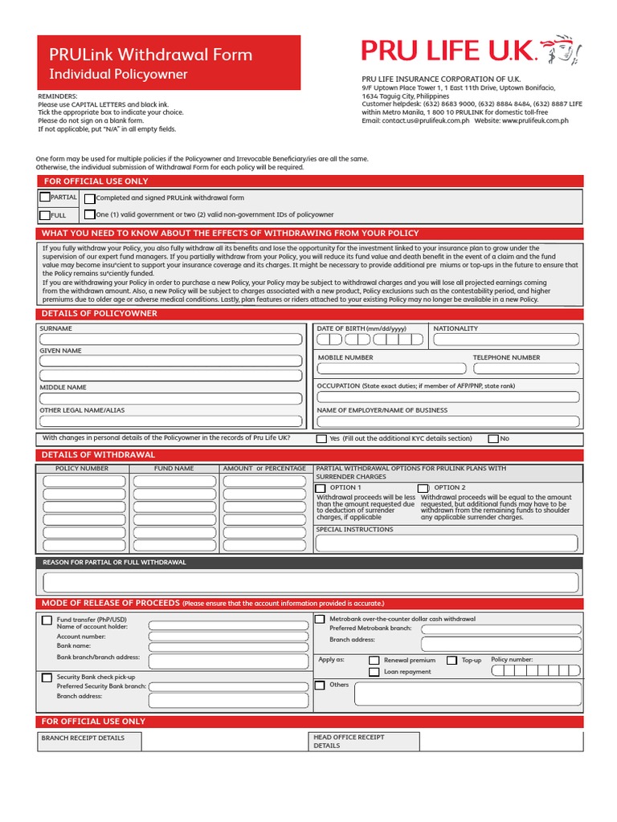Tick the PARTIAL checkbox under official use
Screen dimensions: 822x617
pos(44,197)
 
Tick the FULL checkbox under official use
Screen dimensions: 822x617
pos(44,215)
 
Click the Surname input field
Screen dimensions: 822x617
pos(172,340)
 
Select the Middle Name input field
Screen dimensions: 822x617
pos(172,398)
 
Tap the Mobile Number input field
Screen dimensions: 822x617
pos(391,369)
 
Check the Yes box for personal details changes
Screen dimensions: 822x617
pos(321,439)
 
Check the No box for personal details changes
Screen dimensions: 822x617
pos(493,439)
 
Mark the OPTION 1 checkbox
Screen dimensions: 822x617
pos(321,488)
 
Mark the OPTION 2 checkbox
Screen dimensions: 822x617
pos(423,488)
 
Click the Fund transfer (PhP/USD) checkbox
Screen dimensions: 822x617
pos(47,620)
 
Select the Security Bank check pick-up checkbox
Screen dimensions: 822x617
pos(47,678)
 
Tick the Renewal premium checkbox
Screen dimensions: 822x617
pos(374,661)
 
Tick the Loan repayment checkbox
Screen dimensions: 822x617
pos(374,673)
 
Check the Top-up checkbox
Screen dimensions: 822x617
pos(452,661)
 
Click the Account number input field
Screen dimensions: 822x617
pos(227,637)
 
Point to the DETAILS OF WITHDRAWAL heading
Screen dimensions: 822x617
pos(98,455)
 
